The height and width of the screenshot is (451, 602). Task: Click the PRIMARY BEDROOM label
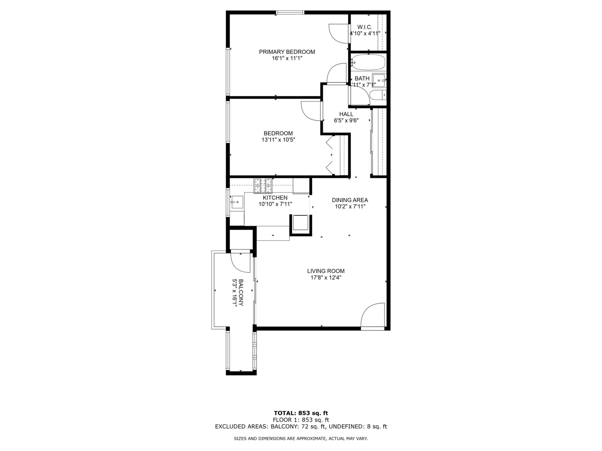(287, 52)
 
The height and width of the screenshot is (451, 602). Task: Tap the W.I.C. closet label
(365, 27)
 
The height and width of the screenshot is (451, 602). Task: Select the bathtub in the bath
(368, 63)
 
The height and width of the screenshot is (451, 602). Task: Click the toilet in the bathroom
(378, 95)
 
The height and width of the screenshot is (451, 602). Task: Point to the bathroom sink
(380, 80)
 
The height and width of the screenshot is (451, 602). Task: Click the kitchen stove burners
(263, 186)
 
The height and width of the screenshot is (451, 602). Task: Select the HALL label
(346, 114)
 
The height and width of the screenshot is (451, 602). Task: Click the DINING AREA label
(350, 200)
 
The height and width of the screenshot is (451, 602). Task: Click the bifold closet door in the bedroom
(329, 155)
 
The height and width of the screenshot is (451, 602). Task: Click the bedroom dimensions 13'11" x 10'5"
(278, 140)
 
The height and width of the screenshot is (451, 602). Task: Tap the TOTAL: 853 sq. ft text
(301, 413)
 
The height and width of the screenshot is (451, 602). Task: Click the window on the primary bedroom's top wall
(290, 13)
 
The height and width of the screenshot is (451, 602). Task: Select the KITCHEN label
(275, 198)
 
